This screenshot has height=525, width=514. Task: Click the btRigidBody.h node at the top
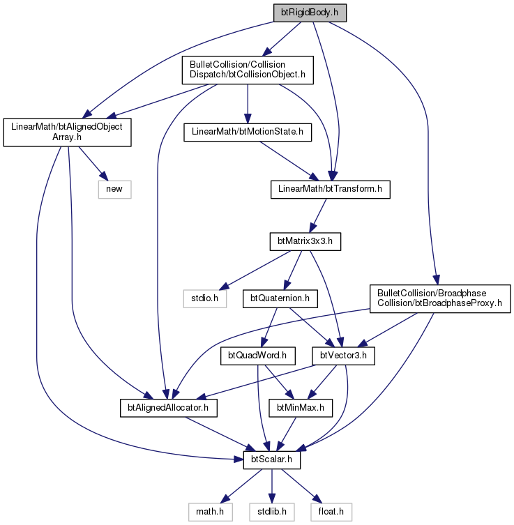tap(310, 13)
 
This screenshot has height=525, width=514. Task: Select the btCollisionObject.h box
tap(248, 70)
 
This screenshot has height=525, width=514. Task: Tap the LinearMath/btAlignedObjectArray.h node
tap(67, 132)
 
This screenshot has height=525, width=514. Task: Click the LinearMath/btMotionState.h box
tap(248, 132)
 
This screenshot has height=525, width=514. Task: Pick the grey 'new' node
tap(114, 190)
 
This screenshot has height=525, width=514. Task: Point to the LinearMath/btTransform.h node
tap(330, 190)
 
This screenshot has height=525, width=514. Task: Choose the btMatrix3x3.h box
tap(305, 242)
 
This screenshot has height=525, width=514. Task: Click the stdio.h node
tap(204, 298)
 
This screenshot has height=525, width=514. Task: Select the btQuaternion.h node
tap(280, 298)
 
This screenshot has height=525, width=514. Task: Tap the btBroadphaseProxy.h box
tap(440, 298)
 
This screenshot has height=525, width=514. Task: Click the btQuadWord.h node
tap(257, 356)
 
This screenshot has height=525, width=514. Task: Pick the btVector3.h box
tap(343, 356)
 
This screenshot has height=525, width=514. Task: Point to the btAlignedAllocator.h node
tap(169, 408)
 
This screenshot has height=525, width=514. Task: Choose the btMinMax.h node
tap(301, 408)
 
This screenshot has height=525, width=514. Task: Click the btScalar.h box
tap(271, 460)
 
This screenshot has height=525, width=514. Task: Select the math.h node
tap(211, 512)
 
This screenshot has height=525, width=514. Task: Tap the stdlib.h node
tap(272, 512)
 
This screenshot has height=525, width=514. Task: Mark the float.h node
tap(331, 512)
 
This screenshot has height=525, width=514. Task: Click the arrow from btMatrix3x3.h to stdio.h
tap(255, 271)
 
